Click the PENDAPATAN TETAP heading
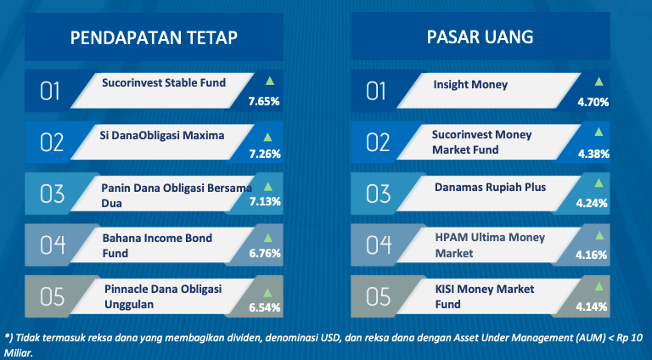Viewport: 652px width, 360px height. click(154, 38)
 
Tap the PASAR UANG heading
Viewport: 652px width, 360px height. click(480, 37)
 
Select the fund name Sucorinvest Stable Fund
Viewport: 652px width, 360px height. click(164, 82)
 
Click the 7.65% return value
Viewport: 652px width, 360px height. click(264, 101)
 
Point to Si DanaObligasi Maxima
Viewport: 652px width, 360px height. click(162, 136)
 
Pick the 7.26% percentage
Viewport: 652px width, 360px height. click(265, 154)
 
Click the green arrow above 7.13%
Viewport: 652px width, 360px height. click(267, 186)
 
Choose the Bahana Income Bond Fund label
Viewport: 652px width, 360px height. click(157, 245)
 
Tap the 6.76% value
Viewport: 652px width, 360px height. click(265, 253)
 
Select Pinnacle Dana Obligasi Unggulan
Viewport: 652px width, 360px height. click(163, 297)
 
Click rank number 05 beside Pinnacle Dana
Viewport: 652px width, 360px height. click(52, 297)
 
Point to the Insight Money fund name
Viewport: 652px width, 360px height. click(470, 85)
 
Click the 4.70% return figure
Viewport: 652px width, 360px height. click(593, 102)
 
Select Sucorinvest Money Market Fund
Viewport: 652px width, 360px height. click(482, 142)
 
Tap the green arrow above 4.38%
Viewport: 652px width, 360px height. click(599, 132)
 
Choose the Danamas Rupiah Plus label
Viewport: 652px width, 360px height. click(490, 188)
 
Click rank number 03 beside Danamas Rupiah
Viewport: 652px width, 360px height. click(378, 194)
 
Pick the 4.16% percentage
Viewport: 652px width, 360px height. click(591, 255)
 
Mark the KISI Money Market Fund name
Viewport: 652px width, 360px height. click(485, 297)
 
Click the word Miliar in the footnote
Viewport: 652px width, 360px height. click(18, 353)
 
